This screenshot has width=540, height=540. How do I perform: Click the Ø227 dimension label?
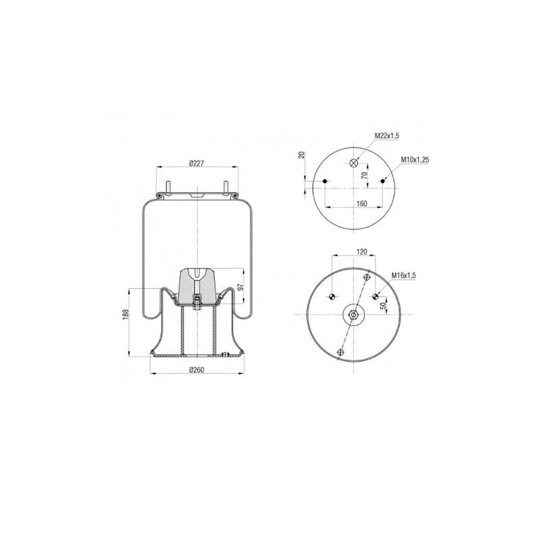click(197, 163)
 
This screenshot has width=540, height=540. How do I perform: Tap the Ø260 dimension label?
click(197, 370)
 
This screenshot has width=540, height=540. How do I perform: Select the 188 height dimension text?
click(126, 314)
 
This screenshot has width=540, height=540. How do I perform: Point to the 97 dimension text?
click(240, 286)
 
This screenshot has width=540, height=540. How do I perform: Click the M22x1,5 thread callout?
click(387, 136)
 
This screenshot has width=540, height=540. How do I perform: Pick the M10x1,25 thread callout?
click(414, 160)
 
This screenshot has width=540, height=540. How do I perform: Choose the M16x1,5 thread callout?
click(403, 275)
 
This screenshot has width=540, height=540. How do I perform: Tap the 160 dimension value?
click(362, 204)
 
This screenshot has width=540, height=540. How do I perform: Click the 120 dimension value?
click(362, 252)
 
